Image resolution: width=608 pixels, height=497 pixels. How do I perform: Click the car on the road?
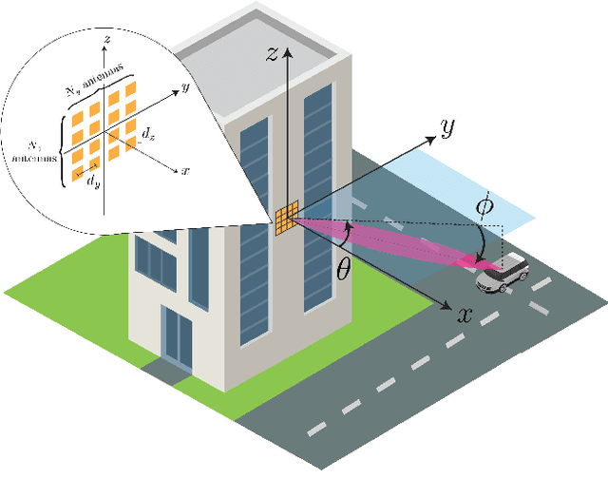503,273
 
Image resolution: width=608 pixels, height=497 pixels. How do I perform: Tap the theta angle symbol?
344,269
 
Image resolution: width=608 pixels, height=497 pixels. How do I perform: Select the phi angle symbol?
484,203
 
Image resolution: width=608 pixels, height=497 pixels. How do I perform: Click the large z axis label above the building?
271,55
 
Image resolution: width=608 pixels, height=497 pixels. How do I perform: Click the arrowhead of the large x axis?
446,305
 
